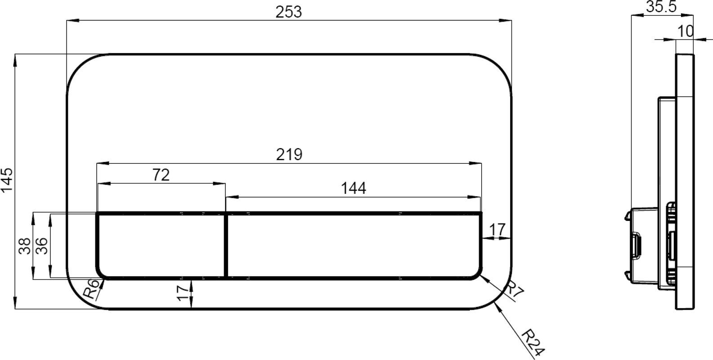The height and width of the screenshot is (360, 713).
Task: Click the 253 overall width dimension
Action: coord(288,12)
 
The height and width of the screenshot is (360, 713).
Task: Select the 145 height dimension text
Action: coord(7,180)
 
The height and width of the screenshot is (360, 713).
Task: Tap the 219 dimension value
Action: coord(289,155)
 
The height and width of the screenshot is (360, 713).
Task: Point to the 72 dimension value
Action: coord(161,175)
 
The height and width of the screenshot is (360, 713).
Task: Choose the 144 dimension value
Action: coord(353,189)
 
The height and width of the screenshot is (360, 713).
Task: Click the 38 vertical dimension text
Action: coord(25,246)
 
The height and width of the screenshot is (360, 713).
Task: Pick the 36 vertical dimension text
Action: coord(42,246)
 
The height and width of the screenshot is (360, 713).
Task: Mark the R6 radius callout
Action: coord(91,289)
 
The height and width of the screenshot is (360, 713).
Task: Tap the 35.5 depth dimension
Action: coord(661,7)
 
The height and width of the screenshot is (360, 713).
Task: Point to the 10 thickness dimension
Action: coord(685,31)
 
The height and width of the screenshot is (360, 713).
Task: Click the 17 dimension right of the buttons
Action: coord(497,230)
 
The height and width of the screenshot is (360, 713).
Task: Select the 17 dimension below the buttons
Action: coord(182,293)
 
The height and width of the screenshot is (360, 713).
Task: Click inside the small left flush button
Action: coord(161,246)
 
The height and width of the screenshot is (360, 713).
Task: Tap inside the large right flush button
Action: coord(353,246)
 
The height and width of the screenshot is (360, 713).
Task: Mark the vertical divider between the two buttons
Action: coord(226,246)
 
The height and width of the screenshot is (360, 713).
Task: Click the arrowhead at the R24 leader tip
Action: coord(497,306)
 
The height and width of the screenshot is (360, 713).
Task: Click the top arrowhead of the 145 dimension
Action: coord(15,60)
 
